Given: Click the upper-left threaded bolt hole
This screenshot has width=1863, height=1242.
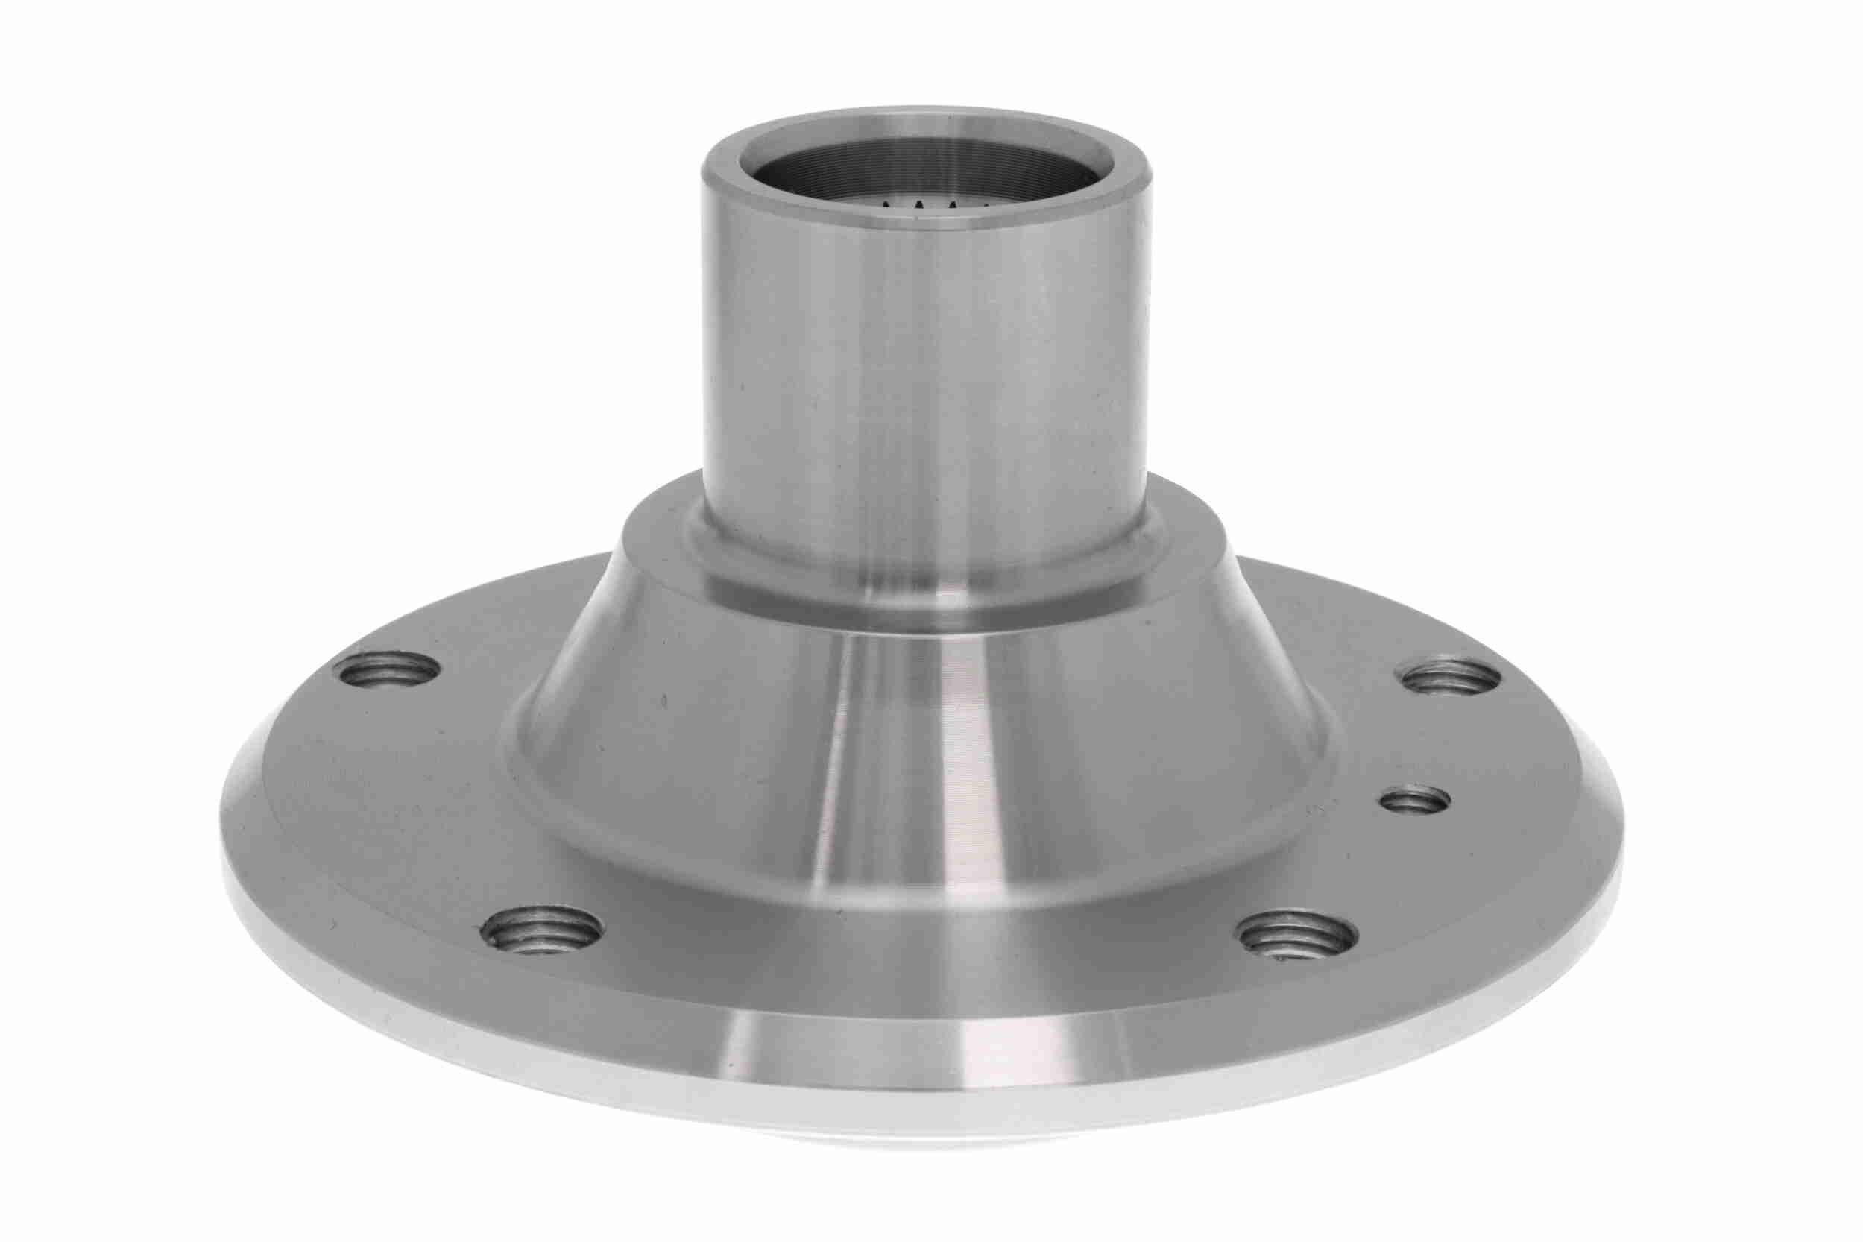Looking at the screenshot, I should point(388,670).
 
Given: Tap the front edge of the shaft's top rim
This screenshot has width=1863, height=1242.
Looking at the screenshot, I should point(923,225).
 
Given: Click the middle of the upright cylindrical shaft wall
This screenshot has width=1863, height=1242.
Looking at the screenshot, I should point(923,380).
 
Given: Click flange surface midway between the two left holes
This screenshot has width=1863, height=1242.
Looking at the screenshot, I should point(444,800).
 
